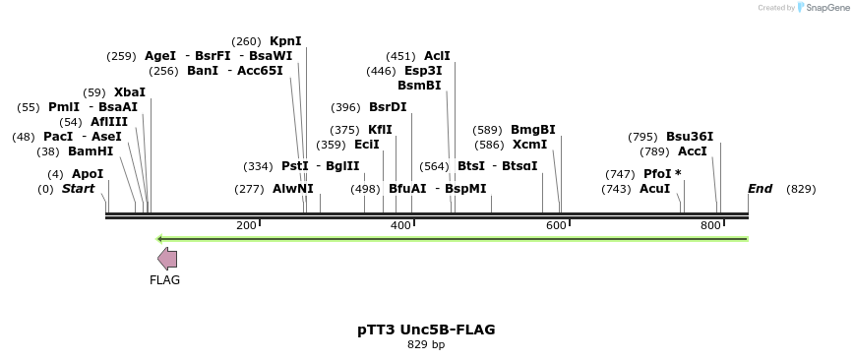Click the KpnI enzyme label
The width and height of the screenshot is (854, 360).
tap(285, 41)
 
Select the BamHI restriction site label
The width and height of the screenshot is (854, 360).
tap(91, 151)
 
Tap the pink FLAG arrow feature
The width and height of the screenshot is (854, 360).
tap(167, 259)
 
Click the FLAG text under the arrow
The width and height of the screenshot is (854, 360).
tap(165, 280)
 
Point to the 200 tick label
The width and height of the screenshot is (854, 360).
tap(246, 226)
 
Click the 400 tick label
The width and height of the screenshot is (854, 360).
tap(400, 226)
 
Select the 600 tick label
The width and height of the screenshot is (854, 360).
tap(556, 226)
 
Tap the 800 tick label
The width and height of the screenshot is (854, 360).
tap(710, 226)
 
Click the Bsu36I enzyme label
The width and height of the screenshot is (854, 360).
tap(690, 137)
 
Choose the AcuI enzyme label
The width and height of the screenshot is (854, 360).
tap(654, 188)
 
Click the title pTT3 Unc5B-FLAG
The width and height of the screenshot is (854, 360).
tap(426, 330)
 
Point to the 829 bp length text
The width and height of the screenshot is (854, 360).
tap(426, 345)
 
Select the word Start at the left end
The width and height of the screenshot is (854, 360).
tap(79, 188)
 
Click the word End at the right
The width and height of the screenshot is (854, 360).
tap(761, 188)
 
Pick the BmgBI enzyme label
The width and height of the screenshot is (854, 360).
tap(532, 130)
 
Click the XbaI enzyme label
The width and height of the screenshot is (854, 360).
tap(130, 92)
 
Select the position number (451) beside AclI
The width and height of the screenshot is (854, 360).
tap(400, 56)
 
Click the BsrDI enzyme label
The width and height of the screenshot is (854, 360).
tap(388, 107)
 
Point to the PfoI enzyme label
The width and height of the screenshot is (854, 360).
tap(662, 174)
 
